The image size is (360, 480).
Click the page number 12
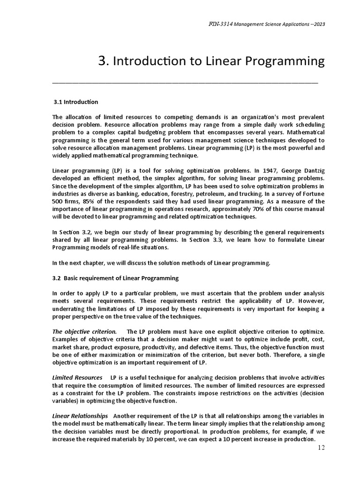(321, 447)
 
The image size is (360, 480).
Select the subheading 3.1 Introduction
(76, 102)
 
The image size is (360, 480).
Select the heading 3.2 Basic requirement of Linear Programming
(115, 278)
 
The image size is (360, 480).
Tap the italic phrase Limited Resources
(77, 377)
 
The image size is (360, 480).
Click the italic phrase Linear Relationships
(80, 416)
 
